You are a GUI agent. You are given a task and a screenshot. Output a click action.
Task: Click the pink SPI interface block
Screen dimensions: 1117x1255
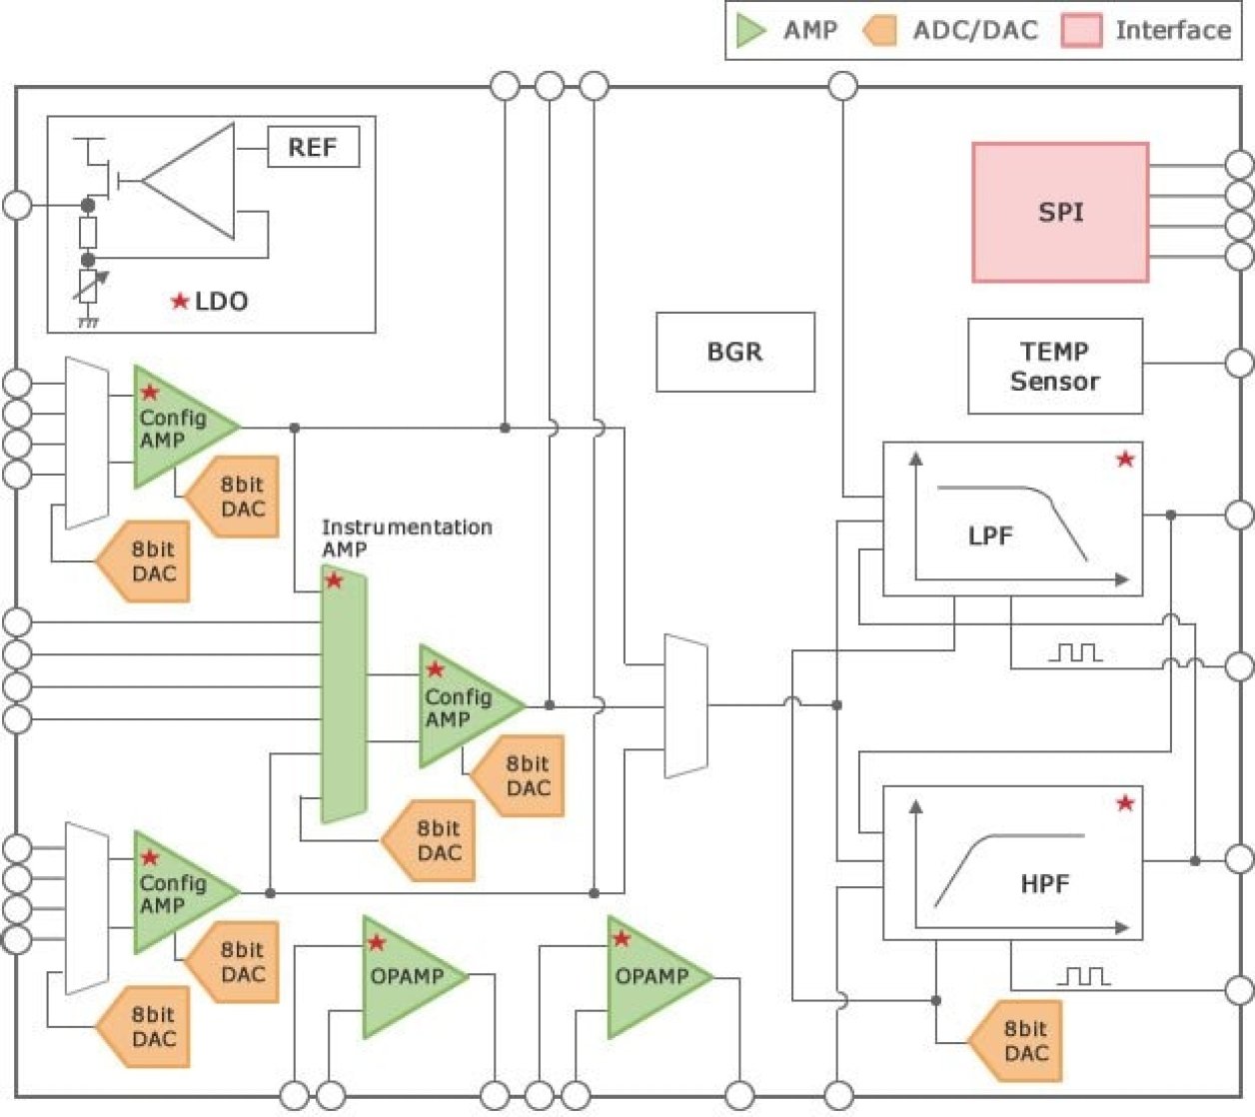pos(1060,212)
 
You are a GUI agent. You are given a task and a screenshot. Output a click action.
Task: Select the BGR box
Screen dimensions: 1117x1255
pos(734,352)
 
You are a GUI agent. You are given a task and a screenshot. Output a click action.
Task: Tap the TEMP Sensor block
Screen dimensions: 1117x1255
pos(1054,367)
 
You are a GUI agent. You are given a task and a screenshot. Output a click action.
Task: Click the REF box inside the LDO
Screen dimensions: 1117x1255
pos(313,148)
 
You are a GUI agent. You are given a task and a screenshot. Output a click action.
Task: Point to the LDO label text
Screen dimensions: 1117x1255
pos(220,301)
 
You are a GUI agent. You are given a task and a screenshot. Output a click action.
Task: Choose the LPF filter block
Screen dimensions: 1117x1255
pos(1012,520)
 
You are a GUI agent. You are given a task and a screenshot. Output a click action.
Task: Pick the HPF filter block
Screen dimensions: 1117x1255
pos(1012,863)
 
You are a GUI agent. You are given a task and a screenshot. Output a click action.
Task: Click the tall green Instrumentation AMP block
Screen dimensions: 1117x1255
pos(344,694)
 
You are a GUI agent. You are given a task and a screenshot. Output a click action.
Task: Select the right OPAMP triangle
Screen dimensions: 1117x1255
pos(651,976)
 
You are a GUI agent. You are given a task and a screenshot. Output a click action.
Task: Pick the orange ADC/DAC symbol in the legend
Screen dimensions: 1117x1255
pos(879,31)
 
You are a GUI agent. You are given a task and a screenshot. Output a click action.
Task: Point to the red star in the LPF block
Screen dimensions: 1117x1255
pos(1125,460)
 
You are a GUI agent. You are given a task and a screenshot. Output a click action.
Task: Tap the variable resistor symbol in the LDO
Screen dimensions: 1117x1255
pos(88,286)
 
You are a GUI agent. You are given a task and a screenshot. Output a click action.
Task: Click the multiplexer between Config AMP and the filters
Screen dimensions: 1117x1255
pos(686,705)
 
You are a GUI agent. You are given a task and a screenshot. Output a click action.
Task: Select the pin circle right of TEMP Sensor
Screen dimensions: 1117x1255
pos(1239,364)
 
